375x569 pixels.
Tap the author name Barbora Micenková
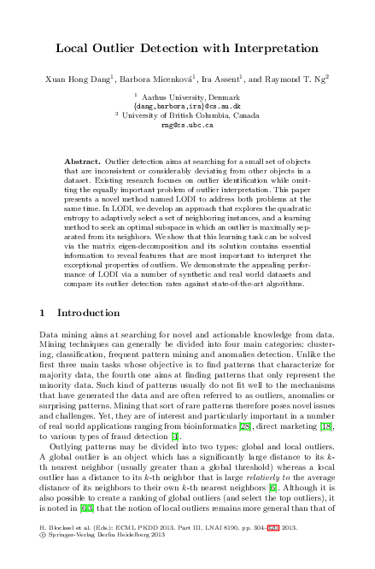tap(161, 78)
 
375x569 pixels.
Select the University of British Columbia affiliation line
tap(189, 115)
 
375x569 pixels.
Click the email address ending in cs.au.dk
tap(187, 107)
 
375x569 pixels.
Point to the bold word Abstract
tap(82, 161)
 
